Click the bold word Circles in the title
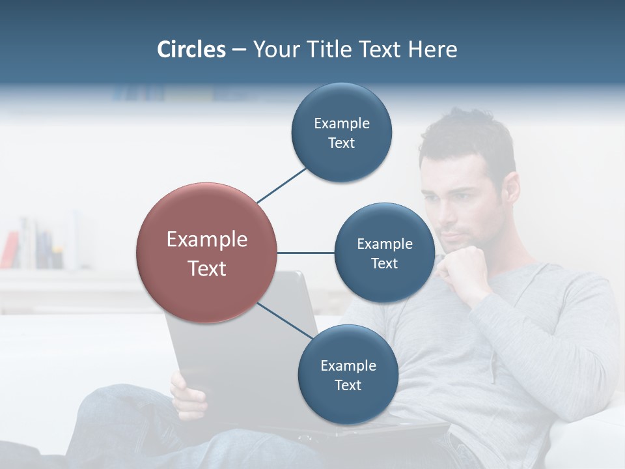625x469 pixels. coord(191,50)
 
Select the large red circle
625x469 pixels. coord(206,253)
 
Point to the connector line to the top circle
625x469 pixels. coord(282,185)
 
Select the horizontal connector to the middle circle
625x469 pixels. coord(306,253)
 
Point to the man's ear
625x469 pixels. coord(510,189)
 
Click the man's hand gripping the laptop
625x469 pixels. coord(188,394)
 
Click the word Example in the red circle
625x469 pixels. coord(206,240)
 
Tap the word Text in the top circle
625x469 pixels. coord(342,143)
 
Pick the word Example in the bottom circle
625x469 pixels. coord(348,365)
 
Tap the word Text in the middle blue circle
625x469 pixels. coord(385,263)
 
